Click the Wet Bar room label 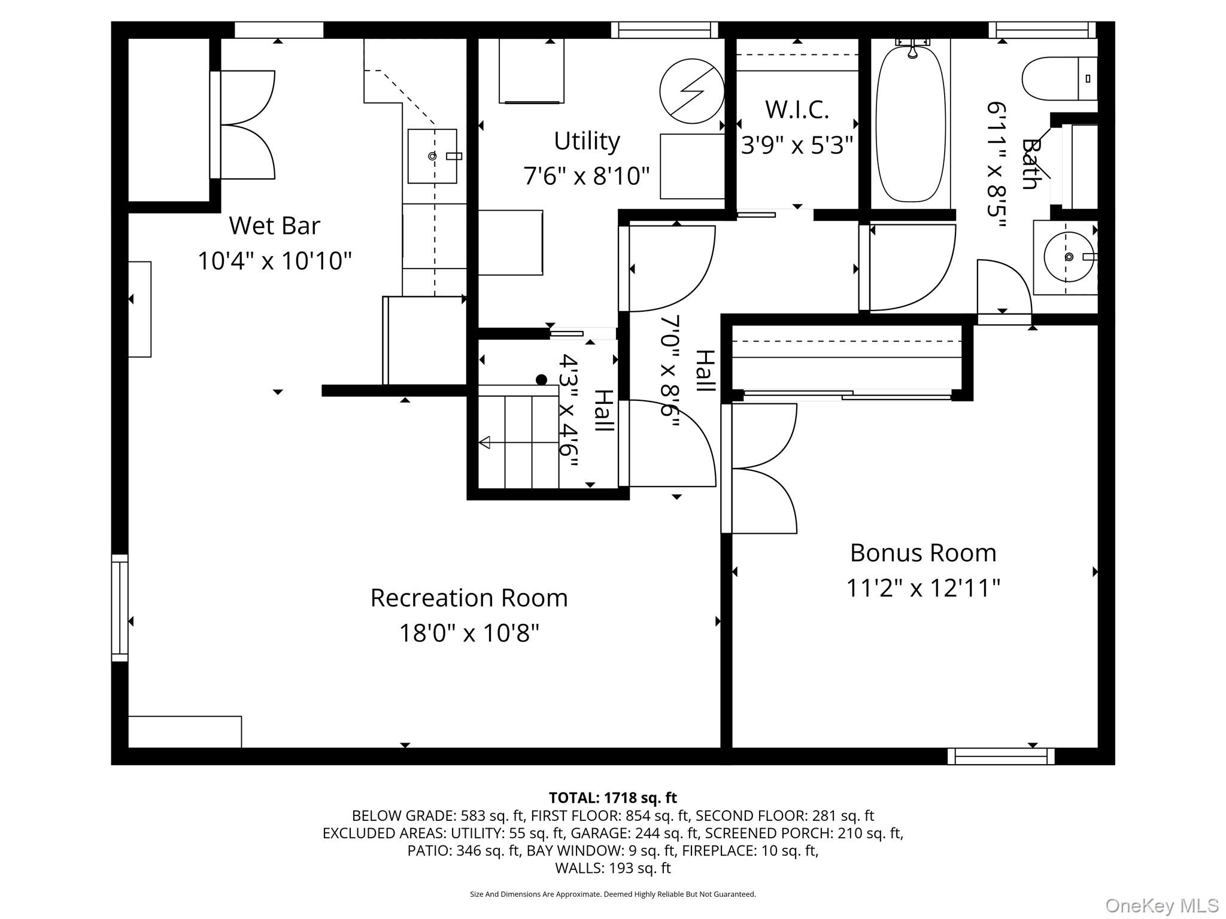pyautogui.click(x=274, y=226)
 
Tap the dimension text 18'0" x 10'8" pyautogui.click(x=469, y=632)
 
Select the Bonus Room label pyautogui.click(x=922, y=552)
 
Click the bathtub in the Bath pyautogui.click(x=911, y=124)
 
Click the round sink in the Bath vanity pyautogui.click(x=1069, y=257)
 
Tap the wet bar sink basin pyautogui.click(x=432, y=156)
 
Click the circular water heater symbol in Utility pyautogui.click(x=691, y=91)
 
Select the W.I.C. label pyautogui.click(x=797, y=109)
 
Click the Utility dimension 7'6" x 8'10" pyautogui.click(x=586, y=176)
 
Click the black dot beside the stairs pyautogui.click(x=541, y=379)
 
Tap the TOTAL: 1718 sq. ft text pyautogui.click(x=612, y=798)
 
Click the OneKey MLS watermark pyautogui.click(x=1161, y=905)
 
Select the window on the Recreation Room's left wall pyautogui.click(x=120, y=608)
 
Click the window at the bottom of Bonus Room pyautogui.click(x=1000, y=756)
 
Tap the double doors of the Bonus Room pyautogui.click(x=759, y=468)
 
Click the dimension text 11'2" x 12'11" pyautogui.click(x=922, y=588)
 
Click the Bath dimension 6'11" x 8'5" pyautogui.click(x=996, y=165)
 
